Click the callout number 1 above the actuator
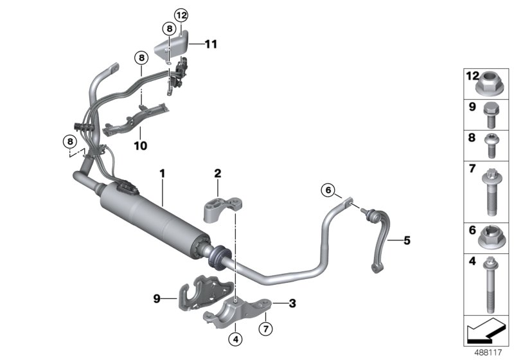pyautogui.click(x=163, y=173)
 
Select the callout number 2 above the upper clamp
pyautogui.click(x=218, y=173)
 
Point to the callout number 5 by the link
pyautogui.click(x=407, y=241)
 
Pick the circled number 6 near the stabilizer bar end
pyautogui.click(x=328, y=190)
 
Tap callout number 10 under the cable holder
pyautogui.click(x=140, y=146)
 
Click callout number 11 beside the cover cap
pyautogui.click(x=211, y=44)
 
